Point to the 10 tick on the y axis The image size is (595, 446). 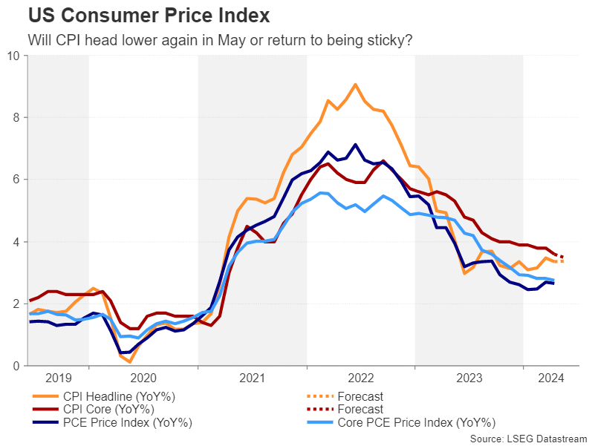pyautogui.click(x=14, y=56)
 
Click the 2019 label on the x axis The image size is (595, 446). pyautogui.click(x=57, y=378)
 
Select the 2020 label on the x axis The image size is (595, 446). pyautogui.click(x=143, y=378)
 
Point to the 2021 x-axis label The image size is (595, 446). pyautogui.click(x=252, y=378)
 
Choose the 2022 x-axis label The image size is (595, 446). pyautogui.click(x=360, y=378)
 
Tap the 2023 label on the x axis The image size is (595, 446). pyautogui.click(x=469, y=378)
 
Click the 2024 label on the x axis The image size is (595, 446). pyautogui.click(x=550, y=378)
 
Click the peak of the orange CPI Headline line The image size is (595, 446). pyautogui.click(x=356, y=85)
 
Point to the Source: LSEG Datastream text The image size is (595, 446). pyautogui.click(x=528, y=439)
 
